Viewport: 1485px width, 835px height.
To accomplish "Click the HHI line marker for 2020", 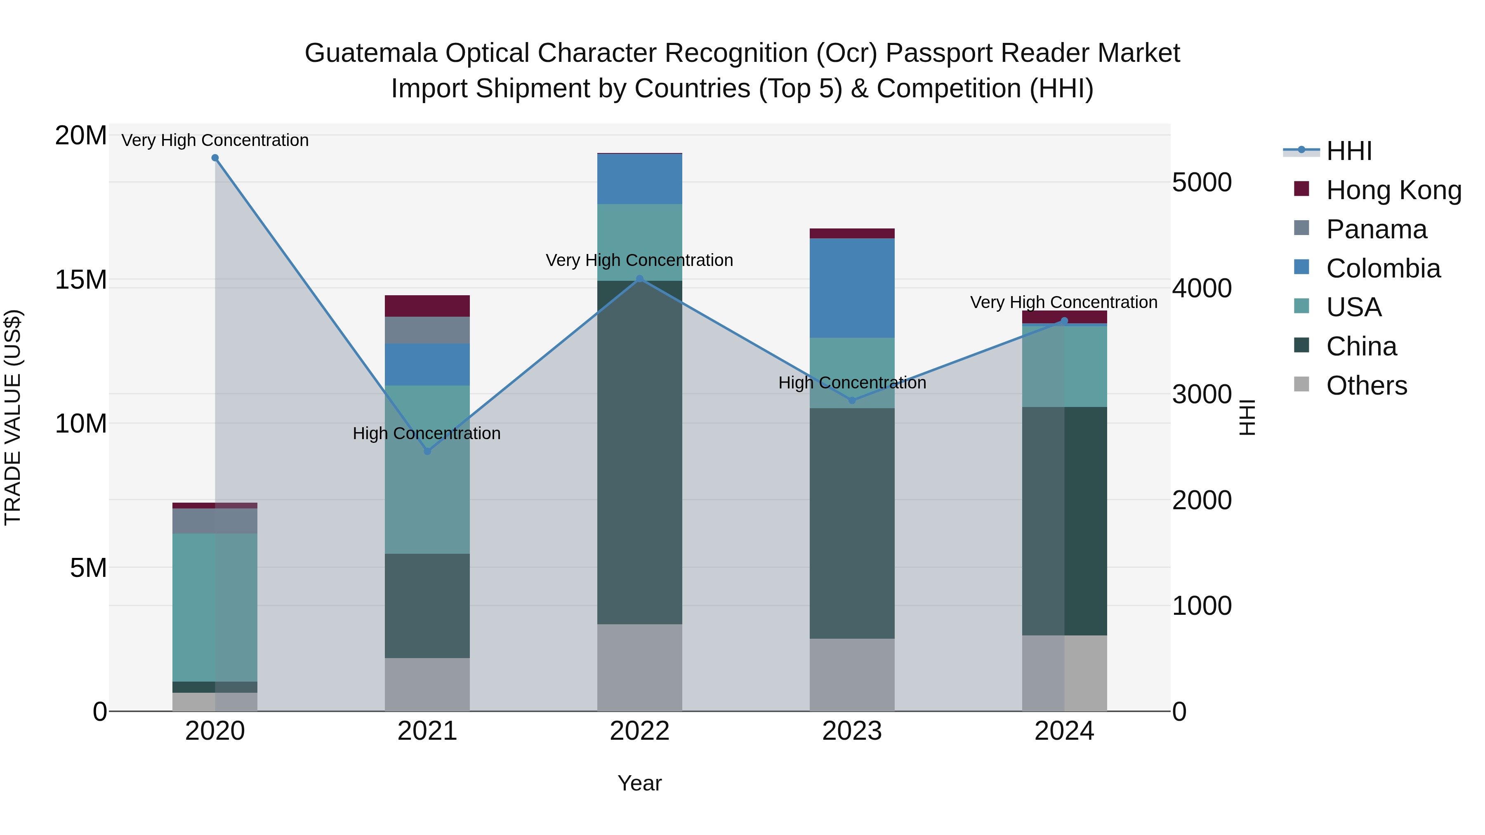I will [x=215, y=158].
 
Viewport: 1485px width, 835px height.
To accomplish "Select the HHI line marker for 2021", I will [x=427, y=451].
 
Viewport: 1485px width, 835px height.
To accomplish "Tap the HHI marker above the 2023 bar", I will [x=852, y=400].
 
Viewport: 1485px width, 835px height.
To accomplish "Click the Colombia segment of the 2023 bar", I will [x=852, y=288].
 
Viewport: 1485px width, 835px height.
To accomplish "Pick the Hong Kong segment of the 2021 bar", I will [x=427, y=306].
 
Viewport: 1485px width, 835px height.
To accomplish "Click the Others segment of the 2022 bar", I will [x=639, y=667].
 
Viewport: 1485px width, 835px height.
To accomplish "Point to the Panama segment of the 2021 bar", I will [x=427, y=330].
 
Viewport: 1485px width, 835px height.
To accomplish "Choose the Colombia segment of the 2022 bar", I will [x=639, y=179].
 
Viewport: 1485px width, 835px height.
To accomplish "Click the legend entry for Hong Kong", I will [x=1393, y=190].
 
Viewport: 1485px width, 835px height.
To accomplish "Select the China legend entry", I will [x=1361, y=346].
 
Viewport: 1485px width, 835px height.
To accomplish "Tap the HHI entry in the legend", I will [x=1348, y=151].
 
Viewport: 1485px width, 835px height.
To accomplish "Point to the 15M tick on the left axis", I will [x=81, y=280].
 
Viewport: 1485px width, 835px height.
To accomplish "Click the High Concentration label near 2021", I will [x=427, y=433].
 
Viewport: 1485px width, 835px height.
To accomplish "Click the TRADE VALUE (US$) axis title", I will [x=13, y=417].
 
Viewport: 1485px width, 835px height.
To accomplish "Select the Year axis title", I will [x=639, y=783].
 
